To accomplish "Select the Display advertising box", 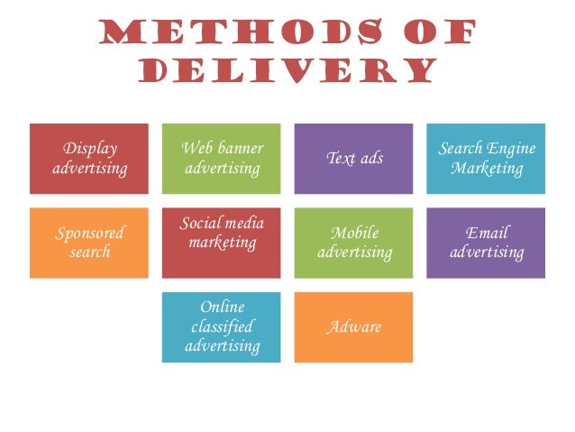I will tap(89, 159).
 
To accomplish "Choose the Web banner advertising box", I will tap(222, 159).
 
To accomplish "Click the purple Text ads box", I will tap(353, 159).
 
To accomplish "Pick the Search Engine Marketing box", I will tap(486, 159).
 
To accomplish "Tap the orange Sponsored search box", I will tap(89, 243).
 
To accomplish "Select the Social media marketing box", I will tap(222, 243).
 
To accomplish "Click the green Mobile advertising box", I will tap(353, 243).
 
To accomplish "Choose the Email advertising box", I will tap(486, 243).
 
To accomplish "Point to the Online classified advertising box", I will tap(222, 326).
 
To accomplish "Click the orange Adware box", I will tap(353, 326).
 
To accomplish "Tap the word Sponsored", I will tap(89, 233).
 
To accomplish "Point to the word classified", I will tap(222, 326).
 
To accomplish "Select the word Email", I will tap(487, 233).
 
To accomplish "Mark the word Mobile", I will tap(354, 233).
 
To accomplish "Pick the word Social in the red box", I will tap(199, 223).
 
